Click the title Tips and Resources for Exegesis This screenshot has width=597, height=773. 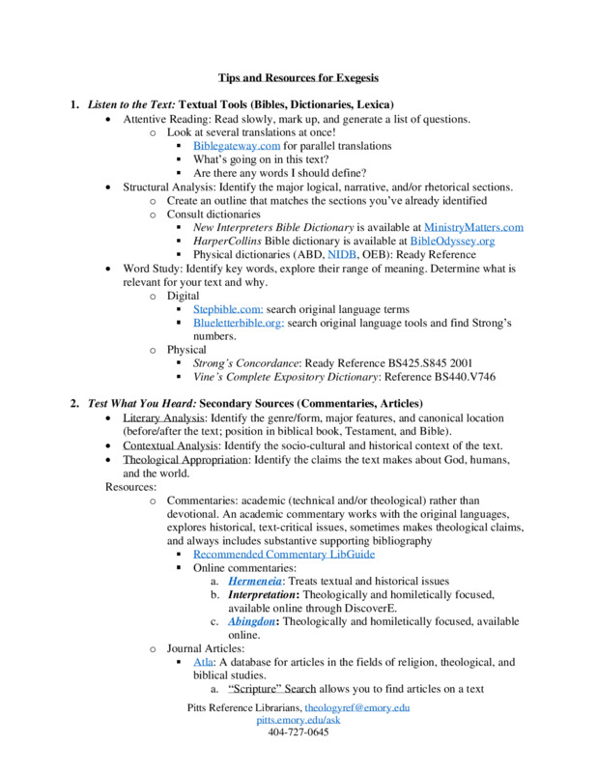(298, 76)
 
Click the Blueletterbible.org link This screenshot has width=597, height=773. (237, 323)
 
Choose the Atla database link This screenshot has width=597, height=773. (203, 663)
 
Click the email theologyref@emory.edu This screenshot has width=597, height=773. (357, 708)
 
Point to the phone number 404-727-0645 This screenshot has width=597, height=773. (298, 733)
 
